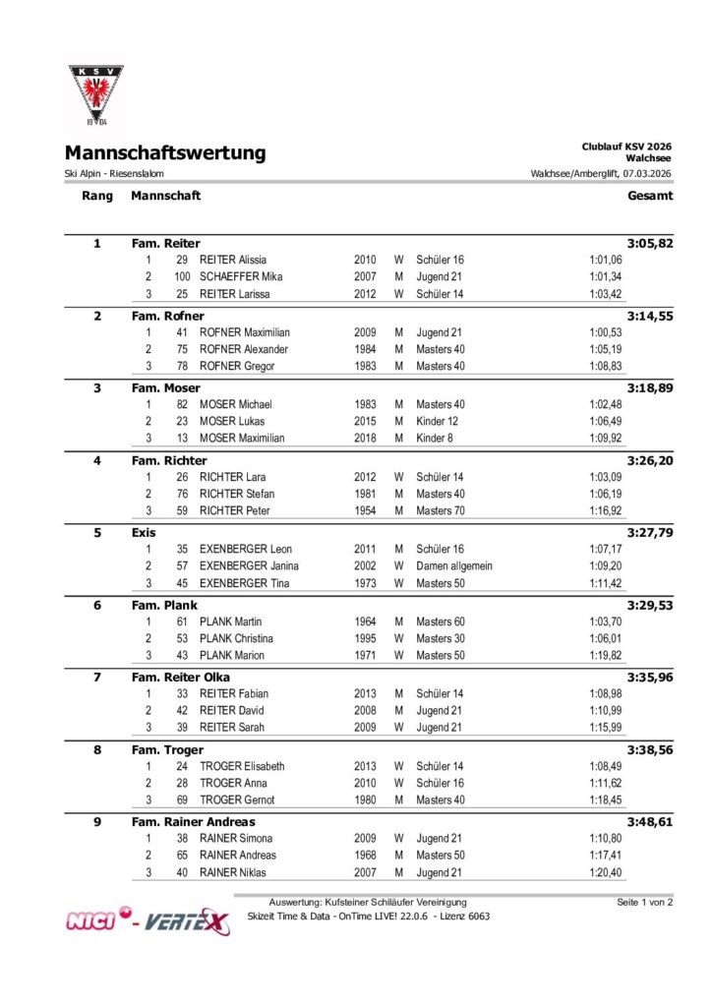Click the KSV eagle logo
click(x=96, y=96)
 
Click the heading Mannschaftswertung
click(x=165, y=153)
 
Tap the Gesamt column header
click(x=650, y=196)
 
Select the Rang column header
click(x=96, y=196)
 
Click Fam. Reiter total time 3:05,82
click(x=650, y=243)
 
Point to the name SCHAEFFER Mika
click(x=241, y=277)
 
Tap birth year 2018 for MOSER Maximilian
click(x=365, y=439)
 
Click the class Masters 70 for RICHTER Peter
click(x=441, y=511)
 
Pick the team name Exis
click(x=144, y=532)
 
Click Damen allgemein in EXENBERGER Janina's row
click(x=454, y=566)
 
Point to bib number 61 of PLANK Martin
click(x=182, y=622)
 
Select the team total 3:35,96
click(x=650, y=678)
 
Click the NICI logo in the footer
click(x=95, y=921)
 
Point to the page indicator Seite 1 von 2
click(x=644, y=902)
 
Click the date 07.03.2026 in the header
click(x=644, y=174)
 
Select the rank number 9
click(x=96, y=822)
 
